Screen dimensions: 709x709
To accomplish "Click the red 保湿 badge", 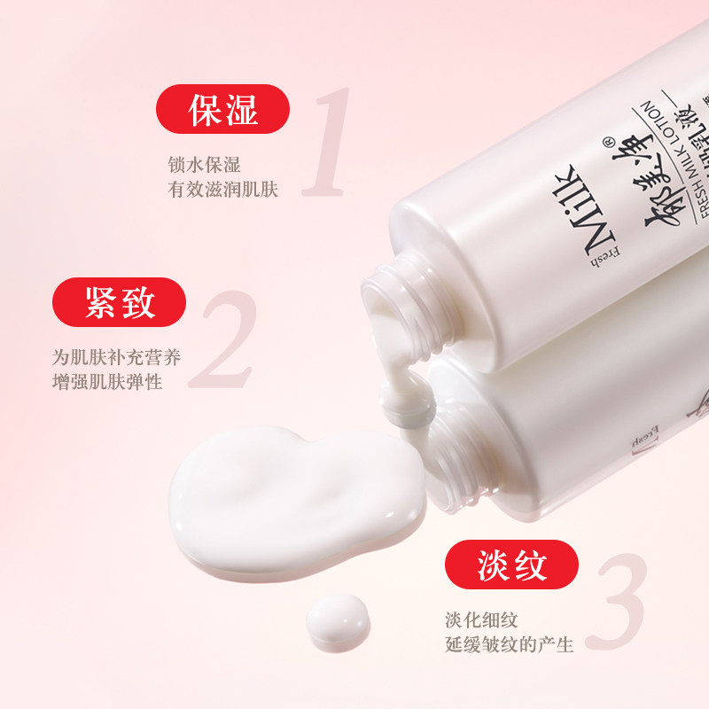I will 223,109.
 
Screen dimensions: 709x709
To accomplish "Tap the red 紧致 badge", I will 120,302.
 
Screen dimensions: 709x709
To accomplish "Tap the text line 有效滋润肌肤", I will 223,190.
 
